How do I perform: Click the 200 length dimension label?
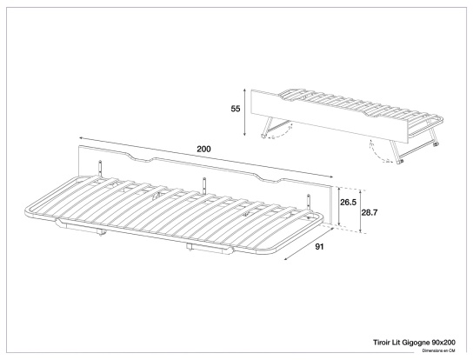tap(203, 150)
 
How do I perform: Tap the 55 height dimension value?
tap(235, 110)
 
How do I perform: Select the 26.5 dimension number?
tap(348, 203)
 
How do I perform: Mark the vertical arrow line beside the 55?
tap(246, 110)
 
